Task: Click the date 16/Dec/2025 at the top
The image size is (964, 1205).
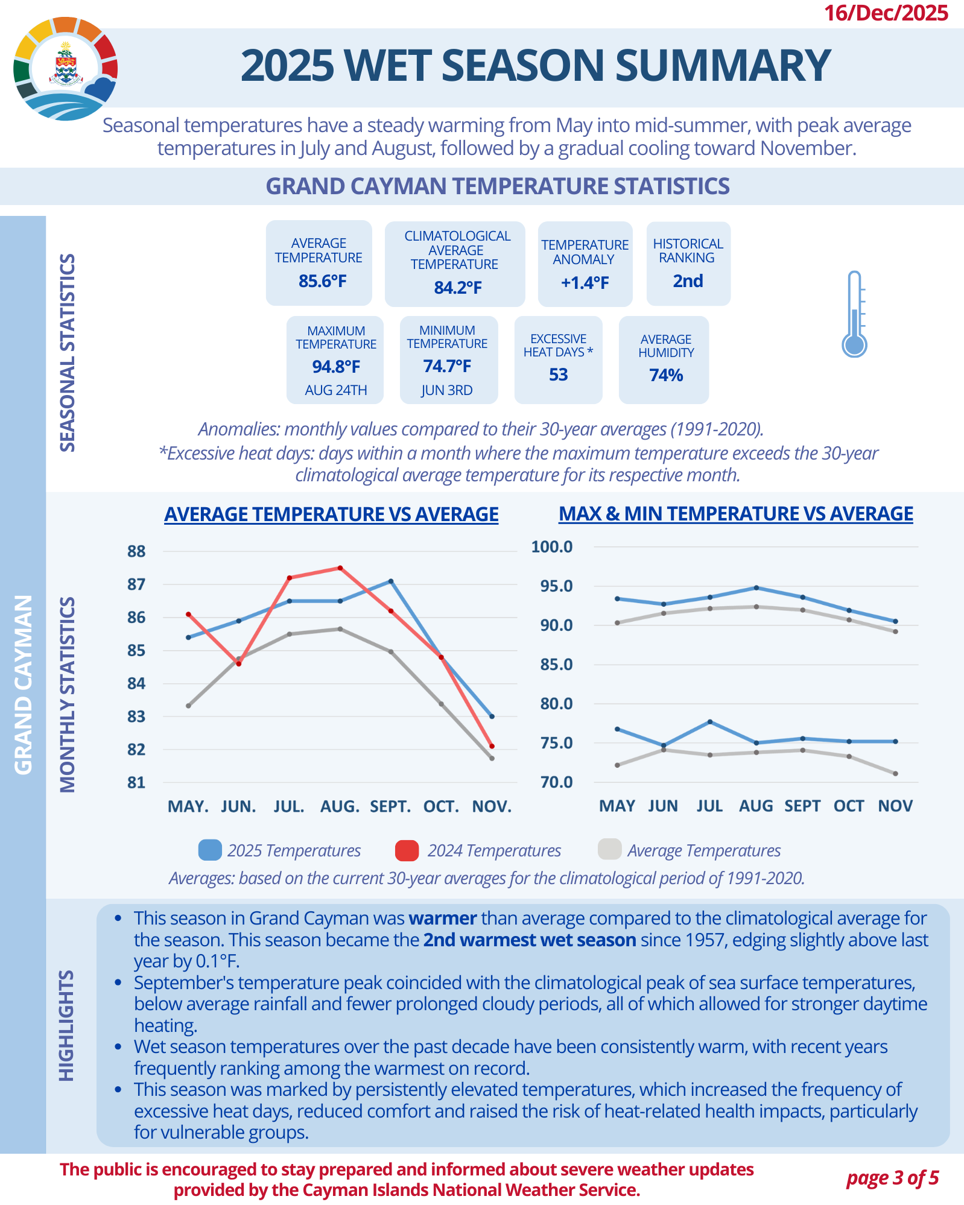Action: (x=886, y=13)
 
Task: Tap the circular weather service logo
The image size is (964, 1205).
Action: (x=65, y=69)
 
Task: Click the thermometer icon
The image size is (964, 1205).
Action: (x=854, y=314)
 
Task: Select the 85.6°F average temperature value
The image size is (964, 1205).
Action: (x=322, y=281)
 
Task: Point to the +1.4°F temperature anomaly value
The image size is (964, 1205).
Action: (x=585, y=282)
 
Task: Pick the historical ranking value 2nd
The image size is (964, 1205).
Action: (x=688, y=281)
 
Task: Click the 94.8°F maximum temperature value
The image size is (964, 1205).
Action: (x=336, y=366)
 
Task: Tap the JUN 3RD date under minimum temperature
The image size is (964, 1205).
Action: (x=446, y=390)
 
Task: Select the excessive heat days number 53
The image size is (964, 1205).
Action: (x=558, y=375)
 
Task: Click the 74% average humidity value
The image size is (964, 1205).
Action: (x=666, y=375)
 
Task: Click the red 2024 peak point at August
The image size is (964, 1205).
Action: (x=340, y=568)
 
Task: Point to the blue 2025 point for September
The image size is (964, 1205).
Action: (x=391, y=581)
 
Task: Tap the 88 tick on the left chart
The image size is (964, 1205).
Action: (x=136, y=551)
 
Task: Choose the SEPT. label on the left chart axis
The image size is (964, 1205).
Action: (x=390, y=806)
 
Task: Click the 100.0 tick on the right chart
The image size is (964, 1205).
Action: (x=551, y=547)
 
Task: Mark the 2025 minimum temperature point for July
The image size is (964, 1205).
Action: (x=710, y=721)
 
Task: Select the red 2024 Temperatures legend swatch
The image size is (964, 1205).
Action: (x=407, y=850)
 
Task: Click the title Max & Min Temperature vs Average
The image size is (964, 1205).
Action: (x=735, y=514)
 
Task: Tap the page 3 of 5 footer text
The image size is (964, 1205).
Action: (x=892, y=1177)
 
